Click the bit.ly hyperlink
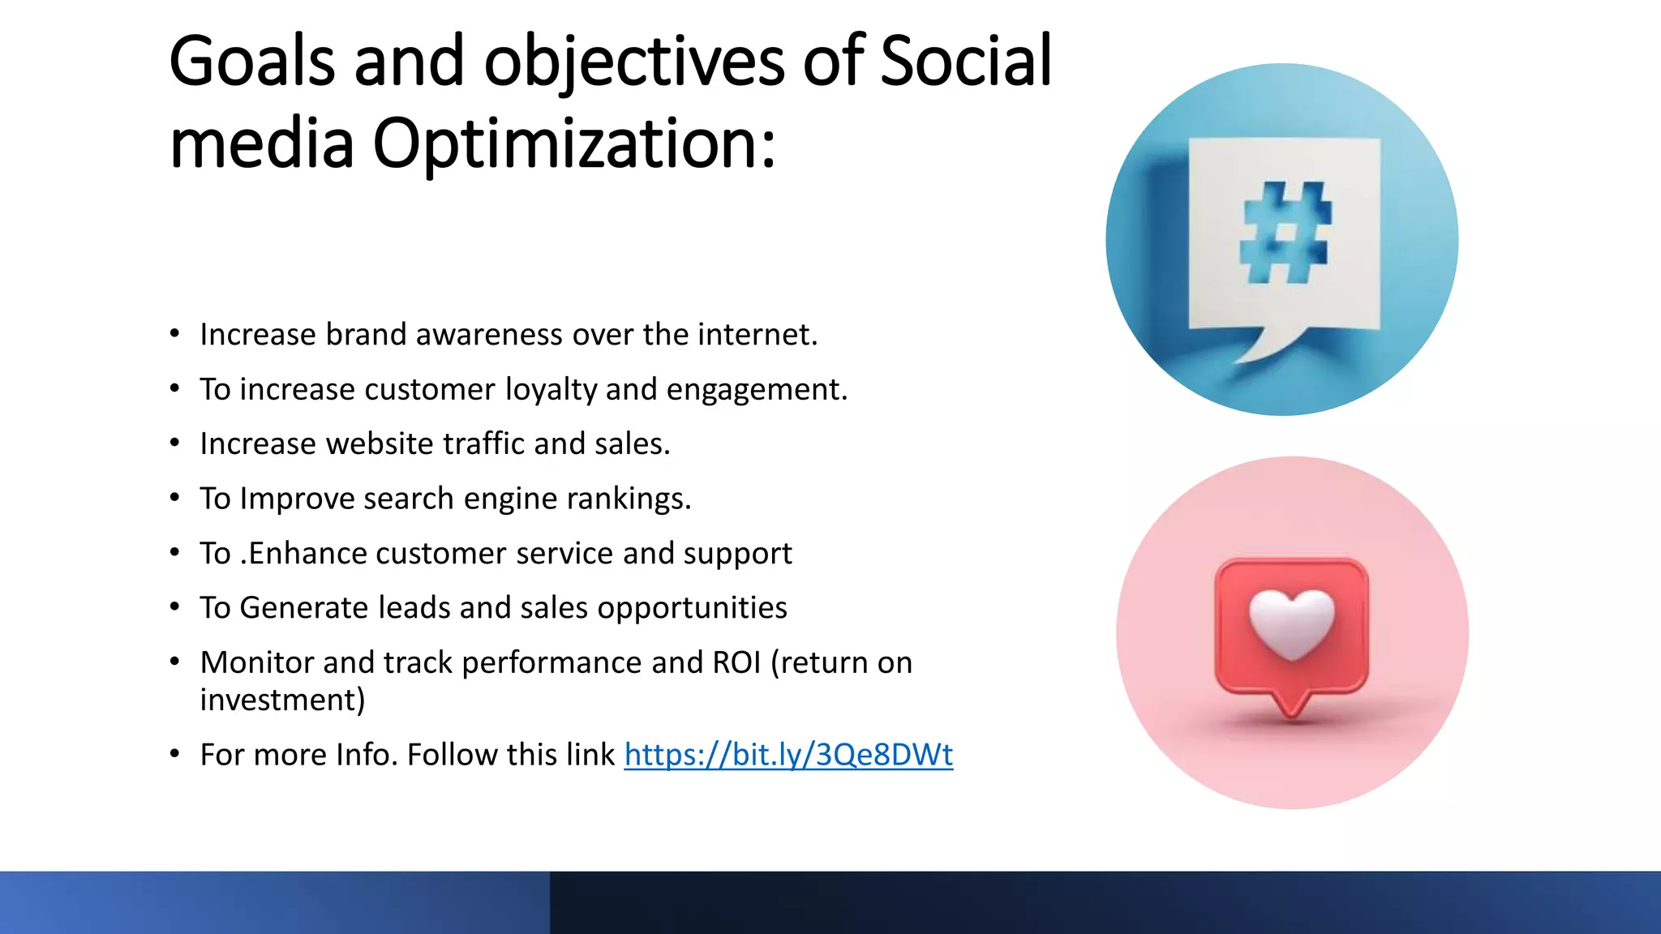tap(788, 755)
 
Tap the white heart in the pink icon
tap(1291, 623)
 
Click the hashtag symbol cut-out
tap(1285, 233)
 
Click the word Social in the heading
tap(965, 62)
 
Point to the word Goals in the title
tap(251, 62)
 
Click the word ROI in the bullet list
tap(736, 662)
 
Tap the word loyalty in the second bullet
tap(551, 390)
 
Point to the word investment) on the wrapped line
tap(282, 700)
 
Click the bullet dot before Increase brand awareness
tap(174, 334)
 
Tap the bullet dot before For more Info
tap(174, 754)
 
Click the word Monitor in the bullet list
tap(256, 662)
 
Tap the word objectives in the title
tap(634, 62)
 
